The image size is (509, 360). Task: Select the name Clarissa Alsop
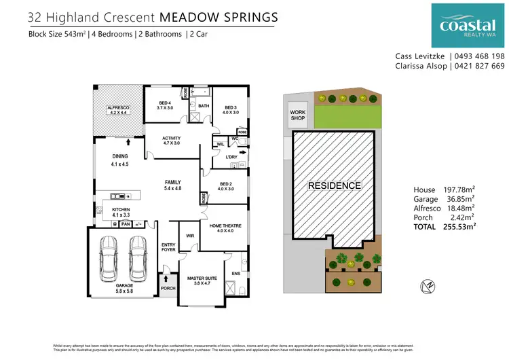(x=421, y=66)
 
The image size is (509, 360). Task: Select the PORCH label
(x=168, y=288)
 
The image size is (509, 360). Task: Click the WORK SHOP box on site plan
(x=298, y=116)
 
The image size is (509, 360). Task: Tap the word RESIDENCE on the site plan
(x=334, y=185)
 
